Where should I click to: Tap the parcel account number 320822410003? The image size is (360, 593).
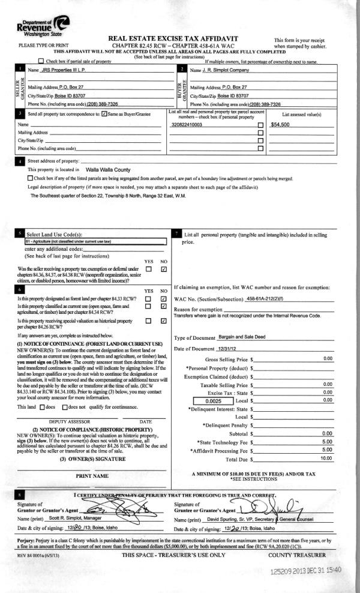[x=187, y=125]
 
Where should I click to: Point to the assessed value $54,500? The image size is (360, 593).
[x=280, y=125]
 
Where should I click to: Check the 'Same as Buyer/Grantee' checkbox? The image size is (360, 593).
[x=105, y=113]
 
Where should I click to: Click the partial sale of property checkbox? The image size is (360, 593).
[x=41, y=61]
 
